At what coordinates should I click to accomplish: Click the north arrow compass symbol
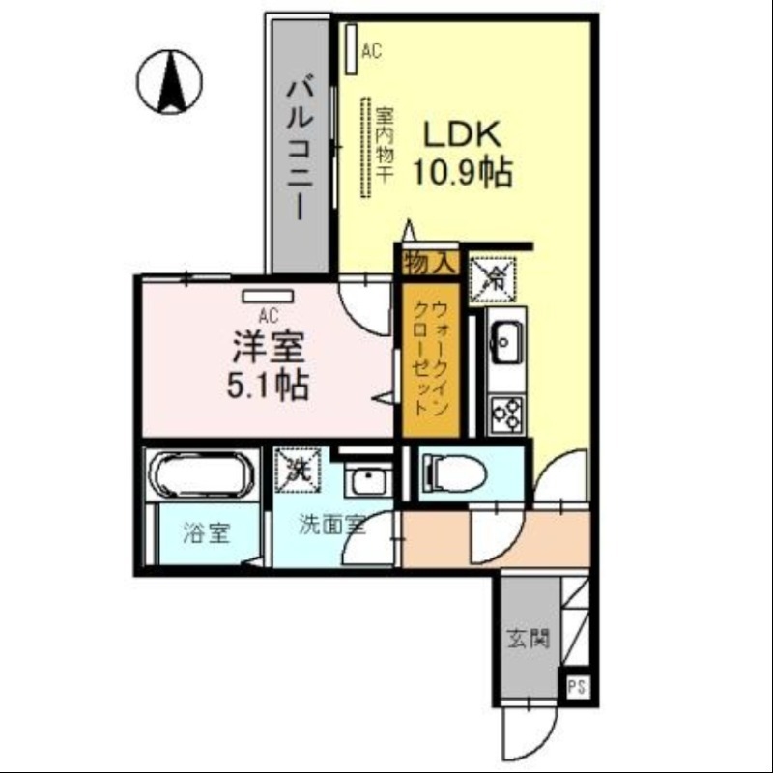pyautogui.click(x=170, y=80)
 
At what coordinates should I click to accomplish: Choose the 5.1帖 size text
pyautogui.click(x=269, y=386)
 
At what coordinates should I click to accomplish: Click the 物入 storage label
pyautogui.click(x=428, y=262)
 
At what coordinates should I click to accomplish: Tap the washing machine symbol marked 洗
pyautogui.click(x=297, y=468)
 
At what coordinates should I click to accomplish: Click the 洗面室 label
pyautogui.click(x=331, y=527)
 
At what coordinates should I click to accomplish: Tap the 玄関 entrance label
pyautogui.click(x=529, y=638)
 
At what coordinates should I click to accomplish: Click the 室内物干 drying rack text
pyautogui.click(x=383, y=146)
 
